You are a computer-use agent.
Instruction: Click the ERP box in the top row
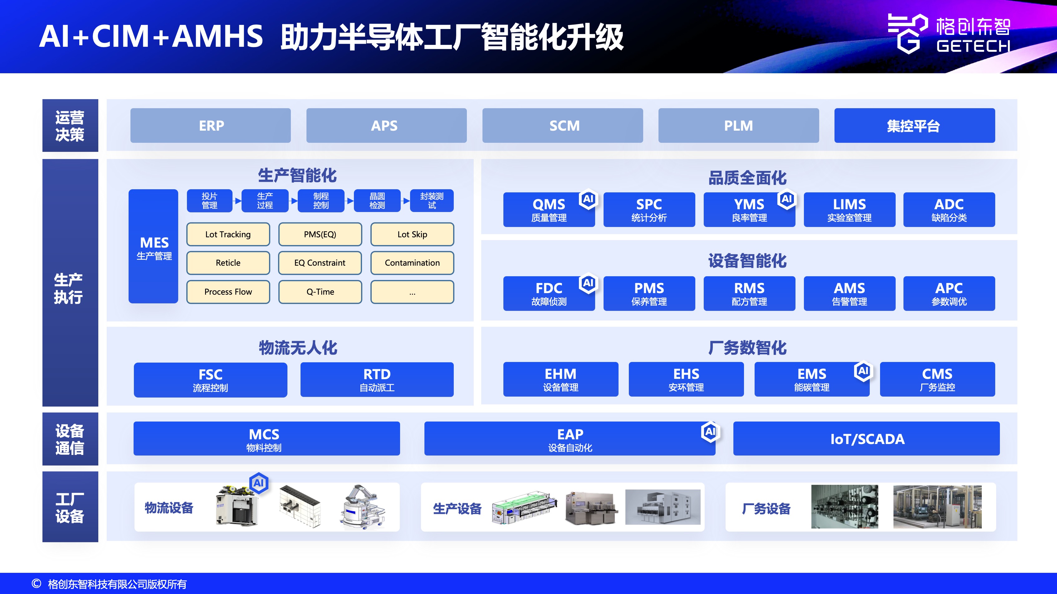click(211, 125)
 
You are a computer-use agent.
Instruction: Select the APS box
click(386, 125)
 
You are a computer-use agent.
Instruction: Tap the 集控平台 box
click(914, 125)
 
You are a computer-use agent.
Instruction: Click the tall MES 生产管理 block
click(154, 246)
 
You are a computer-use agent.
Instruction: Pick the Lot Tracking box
click(228, 234)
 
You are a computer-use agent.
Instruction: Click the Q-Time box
click(320, 292)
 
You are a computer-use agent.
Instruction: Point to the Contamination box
click(412, 263)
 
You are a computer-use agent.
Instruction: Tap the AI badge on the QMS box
click(588, 199)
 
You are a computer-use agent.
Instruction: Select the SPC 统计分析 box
click(649, 210)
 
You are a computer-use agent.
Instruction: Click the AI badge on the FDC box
click(588, 283)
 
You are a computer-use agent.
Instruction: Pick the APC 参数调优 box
click(949, 293)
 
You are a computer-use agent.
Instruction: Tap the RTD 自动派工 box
click(377, 379)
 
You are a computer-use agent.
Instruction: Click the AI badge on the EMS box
click(863, 371)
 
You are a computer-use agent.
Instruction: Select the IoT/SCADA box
click(866, 439)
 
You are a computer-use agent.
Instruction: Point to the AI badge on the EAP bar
click(710, 431)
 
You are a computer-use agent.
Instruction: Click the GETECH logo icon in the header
click(907, 34)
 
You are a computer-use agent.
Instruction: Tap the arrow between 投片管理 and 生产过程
click(237, 201)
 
